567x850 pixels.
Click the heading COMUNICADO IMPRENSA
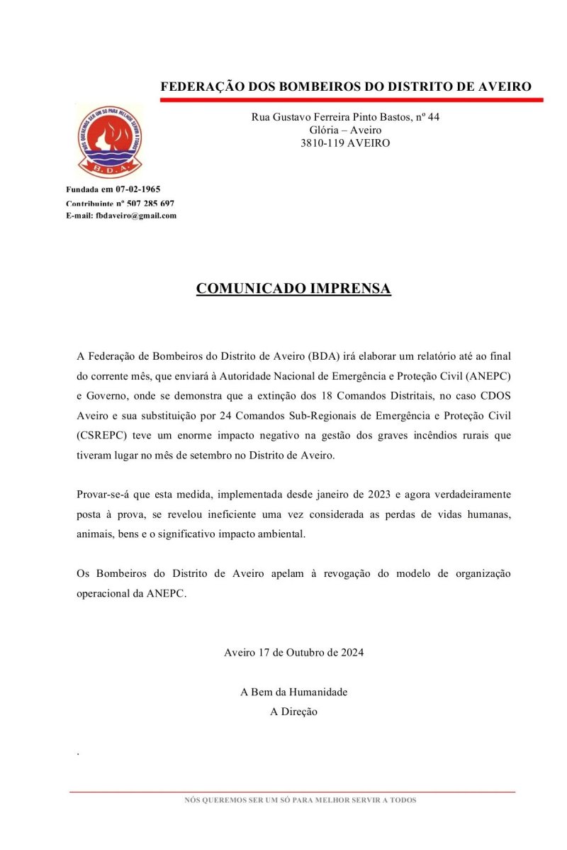pos(293,289)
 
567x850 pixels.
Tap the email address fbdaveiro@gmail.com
pos(136,216)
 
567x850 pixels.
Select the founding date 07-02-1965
pos(138,189)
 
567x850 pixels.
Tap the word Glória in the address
pos(323,130)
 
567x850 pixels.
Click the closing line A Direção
pos(293,712)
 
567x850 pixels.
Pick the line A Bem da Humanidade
pos(293,692)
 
